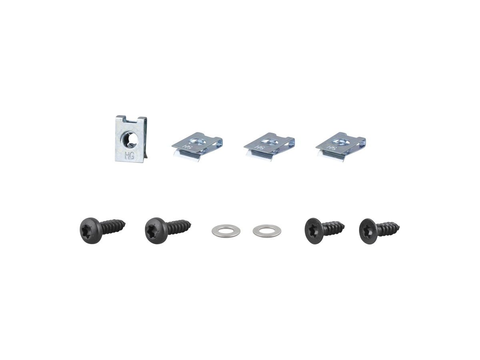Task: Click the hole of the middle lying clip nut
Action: click(268, 141)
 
